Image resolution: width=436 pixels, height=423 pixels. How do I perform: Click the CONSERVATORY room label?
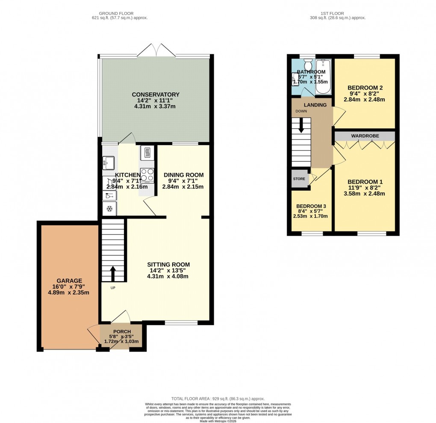155,95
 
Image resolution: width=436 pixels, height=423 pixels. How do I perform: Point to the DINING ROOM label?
183,175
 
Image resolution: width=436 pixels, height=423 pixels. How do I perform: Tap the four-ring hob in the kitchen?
147,175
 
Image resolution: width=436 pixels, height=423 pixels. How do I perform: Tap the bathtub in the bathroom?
324,77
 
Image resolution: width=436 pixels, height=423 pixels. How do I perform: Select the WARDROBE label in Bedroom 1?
363,136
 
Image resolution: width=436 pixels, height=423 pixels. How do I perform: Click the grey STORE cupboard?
300,179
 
